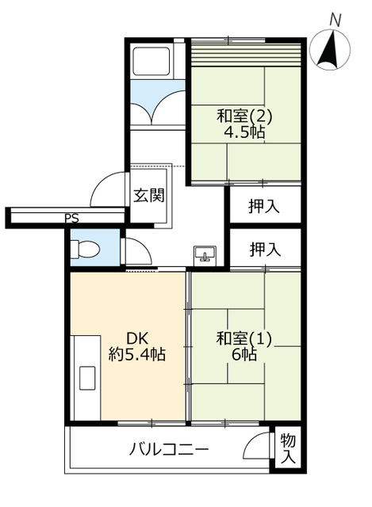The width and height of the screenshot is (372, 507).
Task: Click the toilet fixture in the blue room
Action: (x=85, y=250)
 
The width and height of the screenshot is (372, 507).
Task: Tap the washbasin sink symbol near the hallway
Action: (x=205, y=253)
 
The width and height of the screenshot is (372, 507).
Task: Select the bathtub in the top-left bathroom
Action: (x=151, y=62)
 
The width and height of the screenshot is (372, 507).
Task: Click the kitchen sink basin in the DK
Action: (x=87, y=378)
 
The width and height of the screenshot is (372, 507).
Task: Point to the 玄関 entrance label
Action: (x=149, y=196)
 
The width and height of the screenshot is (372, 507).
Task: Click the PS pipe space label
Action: (x=71, y=219)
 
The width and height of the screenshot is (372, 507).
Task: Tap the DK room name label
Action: (x=137, y=338)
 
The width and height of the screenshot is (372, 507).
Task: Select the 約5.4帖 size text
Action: (x=137, y=355)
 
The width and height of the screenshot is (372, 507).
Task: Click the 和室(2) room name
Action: (x=244, y=116)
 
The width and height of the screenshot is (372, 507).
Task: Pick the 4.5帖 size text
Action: (x=245, y=132)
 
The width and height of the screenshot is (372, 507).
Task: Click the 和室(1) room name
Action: (x=244, y=339)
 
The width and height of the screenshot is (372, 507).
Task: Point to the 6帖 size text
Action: (x=244, y=355)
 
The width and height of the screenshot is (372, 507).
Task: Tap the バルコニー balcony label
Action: (x=169, y=449)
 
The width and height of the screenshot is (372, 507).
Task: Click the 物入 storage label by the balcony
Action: (x=288, y=449)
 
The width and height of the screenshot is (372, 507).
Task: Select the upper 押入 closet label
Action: (x=264, y=206)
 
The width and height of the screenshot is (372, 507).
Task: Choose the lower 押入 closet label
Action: (x=265, y=250)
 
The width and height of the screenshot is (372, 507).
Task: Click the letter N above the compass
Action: (x=336, y=21)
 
